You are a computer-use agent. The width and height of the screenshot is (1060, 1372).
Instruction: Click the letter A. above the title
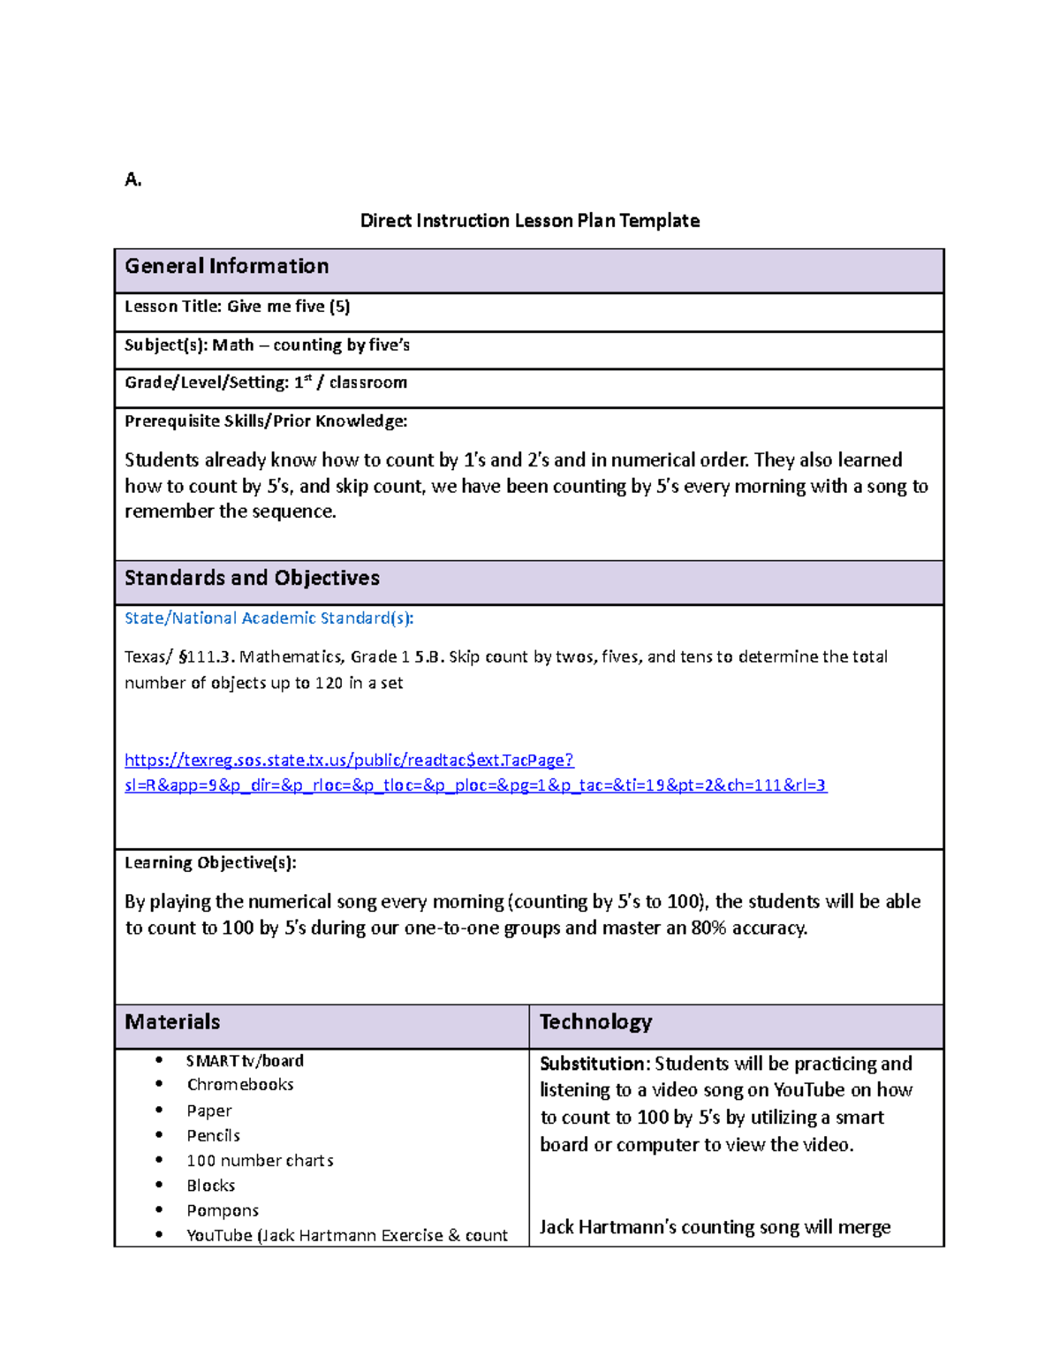[x=132, y=180]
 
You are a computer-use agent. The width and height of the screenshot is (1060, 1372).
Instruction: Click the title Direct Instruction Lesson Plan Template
[x=529, y=221]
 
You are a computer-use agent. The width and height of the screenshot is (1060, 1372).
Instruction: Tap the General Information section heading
[x=226, y=267]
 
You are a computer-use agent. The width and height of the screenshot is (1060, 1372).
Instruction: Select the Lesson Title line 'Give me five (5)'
[x=237, y=307]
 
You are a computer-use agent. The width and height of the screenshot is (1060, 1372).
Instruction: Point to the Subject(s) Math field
[x=267, y=345]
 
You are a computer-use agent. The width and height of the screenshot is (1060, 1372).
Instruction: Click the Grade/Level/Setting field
[x=265, y=383]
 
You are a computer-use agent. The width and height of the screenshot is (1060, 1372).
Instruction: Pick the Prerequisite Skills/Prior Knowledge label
[x=265, y=421]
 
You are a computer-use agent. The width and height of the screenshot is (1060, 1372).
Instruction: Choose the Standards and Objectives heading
[x=252, y=578]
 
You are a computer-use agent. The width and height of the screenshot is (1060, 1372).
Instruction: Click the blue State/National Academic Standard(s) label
[x=269, y=618]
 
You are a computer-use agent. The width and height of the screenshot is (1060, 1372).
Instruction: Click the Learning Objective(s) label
[x=210, y=863]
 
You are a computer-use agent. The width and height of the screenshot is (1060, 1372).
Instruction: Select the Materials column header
[x=172, y=1022]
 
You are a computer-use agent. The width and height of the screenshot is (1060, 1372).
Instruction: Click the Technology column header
[x=595, y=1022]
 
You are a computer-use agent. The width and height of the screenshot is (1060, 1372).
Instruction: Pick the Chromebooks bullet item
[x=239, y=1085]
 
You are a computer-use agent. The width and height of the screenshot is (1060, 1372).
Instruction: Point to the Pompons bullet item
[x=223, y=1210]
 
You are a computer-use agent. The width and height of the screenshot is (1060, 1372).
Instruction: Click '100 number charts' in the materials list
[x=260, y=1161]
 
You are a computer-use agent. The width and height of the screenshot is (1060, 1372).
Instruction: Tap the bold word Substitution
[x=594, y=1064]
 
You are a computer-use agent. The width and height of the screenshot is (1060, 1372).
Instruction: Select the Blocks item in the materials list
[x=210, y=1186]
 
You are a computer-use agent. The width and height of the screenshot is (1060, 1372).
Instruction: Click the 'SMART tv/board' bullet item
[x=245, y=1061]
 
